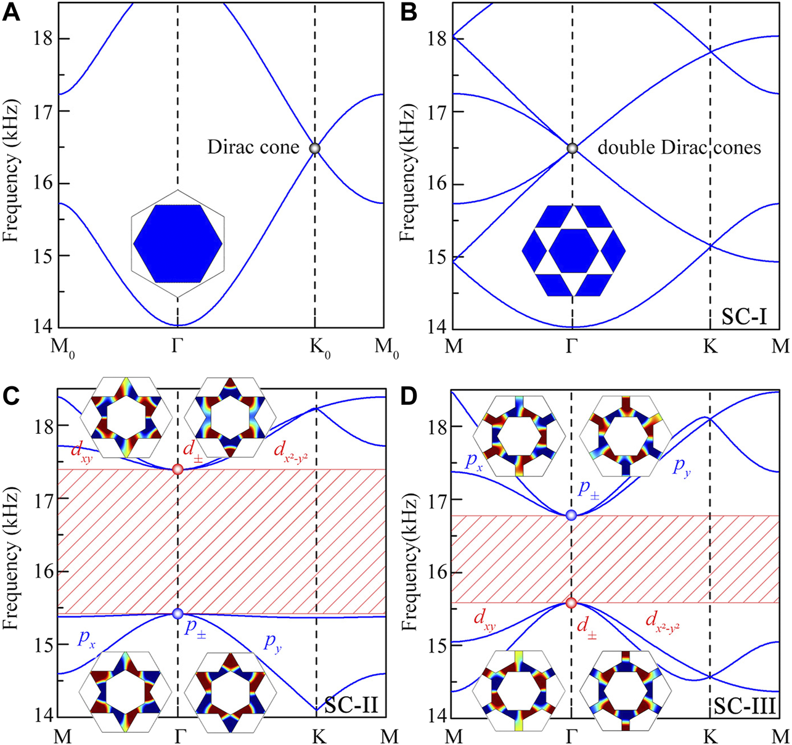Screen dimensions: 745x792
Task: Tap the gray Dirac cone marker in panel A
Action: (x=315, y=149)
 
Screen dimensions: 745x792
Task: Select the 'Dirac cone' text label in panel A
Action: (x=253, y=148)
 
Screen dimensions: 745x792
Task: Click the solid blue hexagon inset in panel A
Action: (x=178, y=244)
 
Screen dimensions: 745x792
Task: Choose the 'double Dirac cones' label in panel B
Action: (x=679, y=148)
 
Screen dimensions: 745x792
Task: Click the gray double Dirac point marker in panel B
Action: (x=572, y=149)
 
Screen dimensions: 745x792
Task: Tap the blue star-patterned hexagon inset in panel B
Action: (x=573, y=250)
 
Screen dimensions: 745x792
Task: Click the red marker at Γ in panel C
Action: (x=178, y=470)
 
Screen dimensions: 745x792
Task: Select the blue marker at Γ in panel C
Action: (x=178, y=613)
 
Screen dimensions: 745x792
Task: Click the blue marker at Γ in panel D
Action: (x=571, y=515)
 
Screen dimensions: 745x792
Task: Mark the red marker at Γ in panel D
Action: (x=571, y=603)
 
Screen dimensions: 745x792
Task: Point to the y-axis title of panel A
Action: (x=12, y=166)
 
